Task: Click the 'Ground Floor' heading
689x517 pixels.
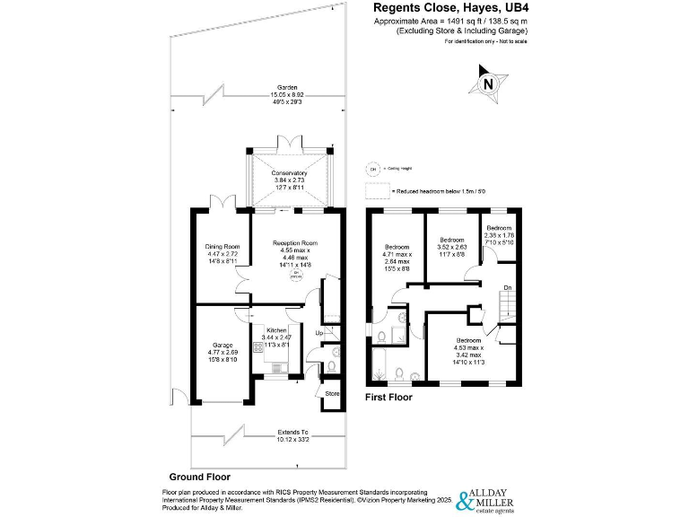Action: tap(200, 477)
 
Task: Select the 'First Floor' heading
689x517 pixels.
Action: tap(388, 396)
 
